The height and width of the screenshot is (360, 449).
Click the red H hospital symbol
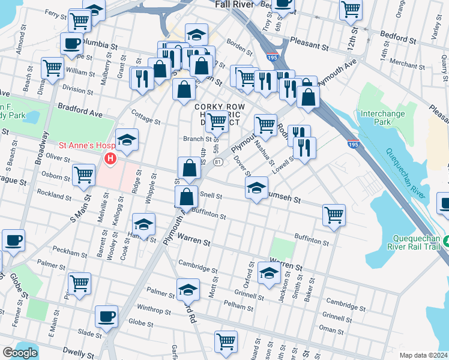click(x=110, y=159)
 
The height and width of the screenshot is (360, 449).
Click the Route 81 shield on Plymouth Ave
click(x=218, y=162)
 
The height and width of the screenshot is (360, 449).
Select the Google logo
click(x=20, y=352)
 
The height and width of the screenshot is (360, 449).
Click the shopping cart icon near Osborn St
click(x=83, y=175)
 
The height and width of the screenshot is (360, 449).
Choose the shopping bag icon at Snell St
click(x=187, y=196)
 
